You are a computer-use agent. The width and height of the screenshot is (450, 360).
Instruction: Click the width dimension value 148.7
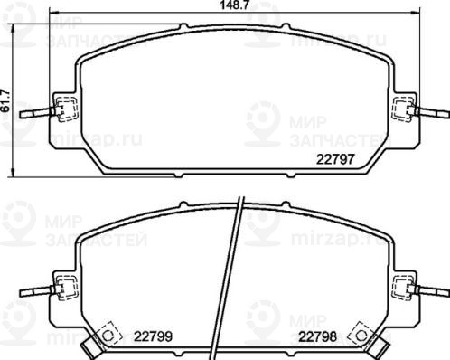click(x=234, y=5)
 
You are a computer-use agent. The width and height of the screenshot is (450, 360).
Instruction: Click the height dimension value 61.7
click(x=5, y=100)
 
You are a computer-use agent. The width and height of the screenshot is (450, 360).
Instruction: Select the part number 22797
click(x=335, y=159)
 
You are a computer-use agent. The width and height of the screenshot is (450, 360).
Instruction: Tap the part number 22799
click(x=153, y=336)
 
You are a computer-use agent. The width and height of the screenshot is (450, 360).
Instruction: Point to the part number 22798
click(x=317, y=336)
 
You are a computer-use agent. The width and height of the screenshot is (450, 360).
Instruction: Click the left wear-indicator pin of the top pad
click(x=37, y=113)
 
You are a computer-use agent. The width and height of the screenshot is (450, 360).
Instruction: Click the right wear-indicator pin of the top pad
click(x=431, y=113)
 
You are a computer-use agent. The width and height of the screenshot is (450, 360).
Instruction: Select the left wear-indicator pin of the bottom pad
click(x=37, y=291)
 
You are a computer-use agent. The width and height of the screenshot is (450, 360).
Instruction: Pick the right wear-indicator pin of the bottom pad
click(x=431, y=291)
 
